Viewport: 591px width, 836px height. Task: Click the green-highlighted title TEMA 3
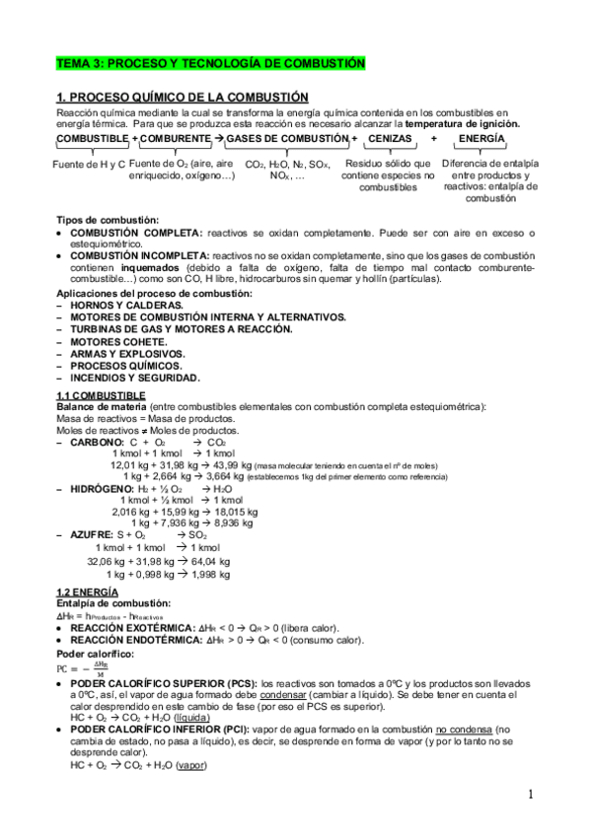(x=210, y=63)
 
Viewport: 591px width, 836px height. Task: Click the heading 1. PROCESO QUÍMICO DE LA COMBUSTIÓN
(x=183, y=97)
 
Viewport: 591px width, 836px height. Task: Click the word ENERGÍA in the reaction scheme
(x=481, y=140)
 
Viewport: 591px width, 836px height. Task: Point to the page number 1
(x=530, y=795)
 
